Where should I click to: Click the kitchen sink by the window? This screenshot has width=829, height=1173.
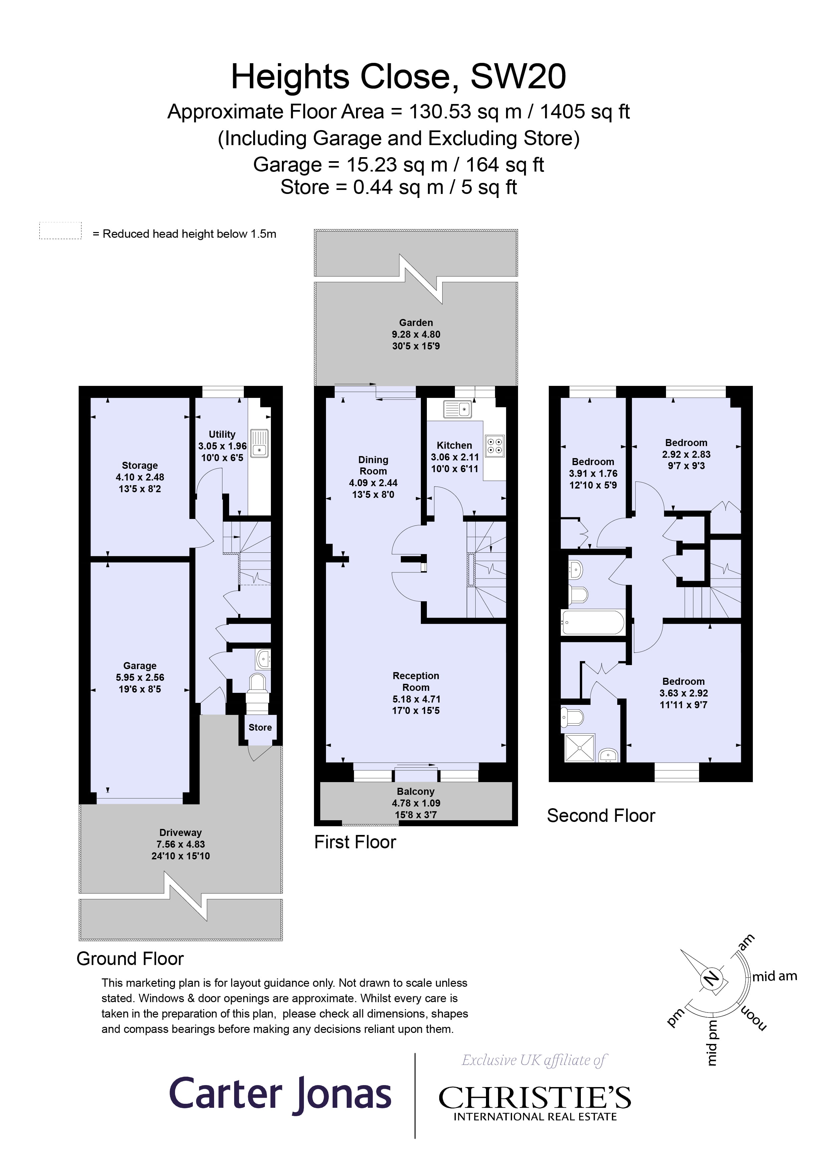click(457, 409)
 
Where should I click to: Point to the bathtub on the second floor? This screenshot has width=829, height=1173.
click(592, 623)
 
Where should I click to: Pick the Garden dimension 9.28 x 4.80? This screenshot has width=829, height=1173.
click(416, 334)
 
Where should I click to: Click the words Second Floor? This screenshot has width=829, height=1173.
click(601, 815)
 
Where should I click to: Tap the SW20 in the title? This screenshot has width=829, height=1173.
click(518, 77)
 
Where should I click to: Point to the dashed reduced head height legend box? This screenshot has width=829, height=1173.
click(60, 230)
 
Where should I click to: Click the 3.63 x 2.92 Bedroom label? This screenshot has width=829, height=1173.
click(683, 693)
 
